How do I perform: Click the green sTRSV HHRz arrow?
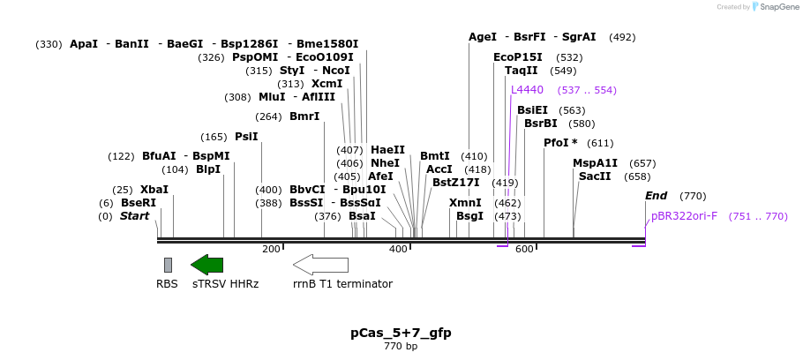(207, 265)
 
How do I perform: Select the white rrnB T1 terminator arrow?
(320, 265)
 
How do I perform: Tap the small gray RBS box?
(168, 265)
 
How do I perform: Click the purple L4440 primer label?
(527, 90)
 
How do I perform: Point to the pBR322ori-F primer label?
(684, 216)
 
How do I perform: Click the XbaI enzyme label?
(154, 190)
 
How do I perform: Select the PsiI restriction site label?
(246, 137)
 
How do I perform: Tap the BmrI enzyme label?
(304, 116)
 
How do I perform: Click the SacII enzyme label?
(595, 176)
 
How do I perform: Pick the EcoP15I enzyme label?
(518, 57)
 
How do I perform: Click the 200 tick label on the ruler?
(271, 250)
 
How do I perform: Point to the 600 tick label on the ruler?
(524, 250)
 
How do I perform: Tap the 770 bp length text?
(401, 346)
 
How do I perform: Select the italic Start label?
(134, 216)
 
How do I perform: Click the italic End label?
(656, 196)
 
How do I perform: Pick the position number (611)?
(600, 143)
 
